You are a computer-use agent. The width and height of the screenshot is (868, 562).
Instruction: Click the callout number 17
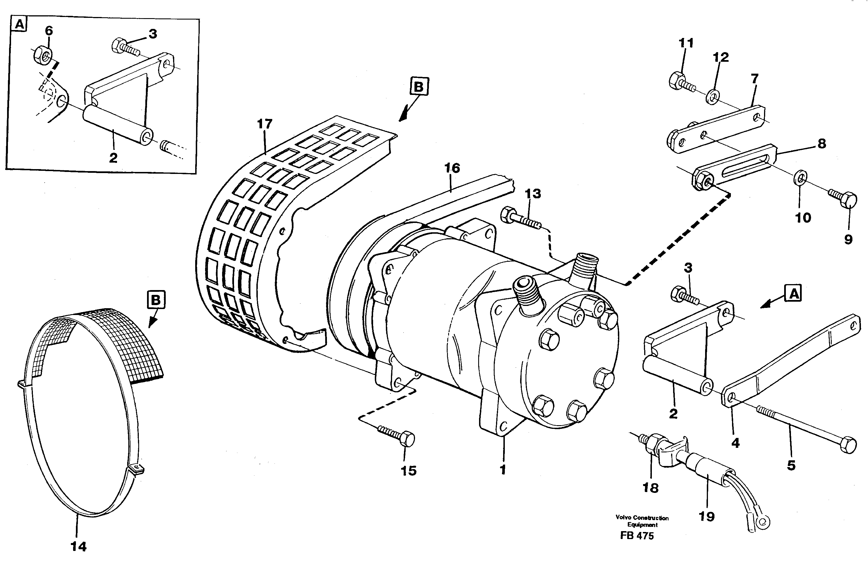265,124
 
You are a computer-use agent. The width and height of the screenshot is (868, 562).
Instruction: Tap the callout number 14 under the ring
78,546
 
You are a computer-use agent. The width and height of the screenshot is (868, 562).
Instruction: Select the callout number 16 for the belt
452,168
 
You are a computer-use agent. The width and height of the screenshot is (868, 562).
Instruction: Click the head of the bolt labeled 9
849,200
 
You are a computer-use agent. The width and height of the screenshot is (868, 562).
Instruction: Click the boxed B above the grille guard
419,87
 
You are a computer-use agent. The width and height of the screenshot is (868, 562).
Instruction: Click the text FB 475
637,536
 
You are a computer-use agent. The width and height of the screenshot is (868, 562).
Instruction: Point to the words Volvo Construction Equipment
642,521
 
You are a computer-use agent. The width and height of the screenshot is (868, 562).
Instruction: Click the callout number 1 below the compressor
503,470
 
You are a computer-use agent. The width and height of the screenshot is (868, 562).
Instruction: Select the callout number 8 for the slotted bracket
822,143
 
